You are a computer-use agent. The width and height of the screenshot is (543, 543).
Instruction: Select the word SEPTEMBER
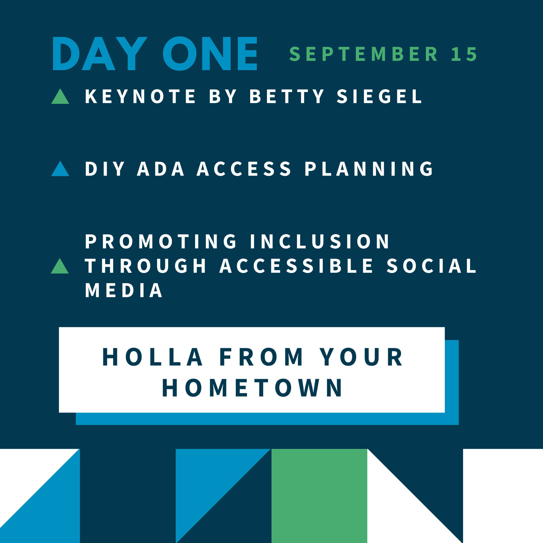click(364, 54)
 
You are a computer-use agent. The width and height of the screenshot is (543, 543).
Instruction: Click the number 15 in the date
click(464, 54)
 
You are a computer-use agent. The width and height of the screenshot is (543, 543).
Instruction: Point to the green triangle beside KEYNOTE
click(60, 96)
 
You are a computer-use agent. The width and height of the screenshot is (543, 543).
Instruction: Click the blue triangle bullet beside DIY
click(60, 169)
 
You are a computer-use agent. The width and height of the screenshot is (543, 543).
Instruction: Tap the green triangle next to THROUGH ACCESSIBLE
click(60, 266)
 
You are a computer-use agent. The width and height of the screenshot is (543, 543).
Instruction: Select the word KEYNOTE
click(140, 96)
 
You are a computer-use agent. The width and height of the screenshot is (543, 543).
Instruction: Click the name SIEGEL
click(379, 96)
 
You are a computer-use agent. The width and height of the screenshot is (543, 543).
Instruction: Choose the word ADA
click(160, 169)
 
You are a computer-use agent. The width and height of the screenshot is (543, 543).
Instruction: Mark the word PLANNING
click(369, 169)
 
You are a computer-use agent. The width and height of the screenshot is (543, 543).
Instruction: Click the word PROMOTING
click(161, 241)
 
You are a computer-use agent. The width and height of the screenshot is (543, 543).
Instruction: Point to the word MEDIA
click(124, 290)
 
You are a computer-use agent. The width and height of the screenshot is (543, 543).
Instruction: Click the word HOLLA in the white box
click(153, 357)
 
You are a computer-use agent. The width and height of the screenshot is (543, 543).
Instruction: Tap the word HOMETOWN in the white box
click(252, 388)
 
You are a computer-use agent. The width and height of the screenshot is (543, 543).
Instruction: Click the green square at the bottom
click(319, 496)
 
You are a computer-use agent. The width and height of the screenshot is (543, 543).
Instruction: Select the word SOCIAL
click(431, 266)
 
